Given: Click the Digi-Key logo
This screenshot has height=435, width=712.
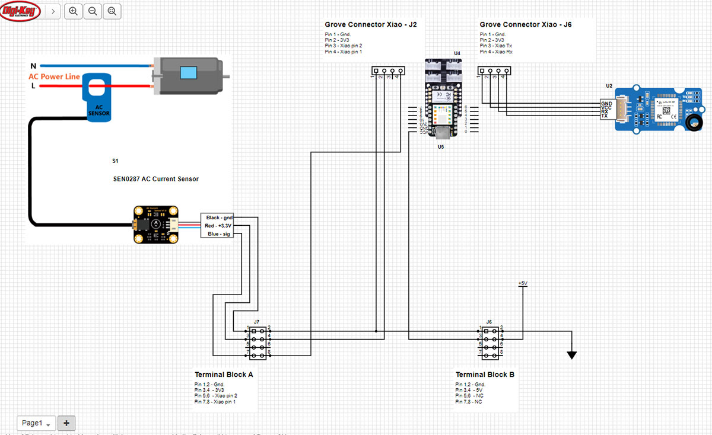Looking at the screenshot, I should (20, 11).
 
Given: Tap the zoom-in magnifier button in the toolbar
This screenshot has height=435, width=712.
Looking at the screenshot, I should (72, 11).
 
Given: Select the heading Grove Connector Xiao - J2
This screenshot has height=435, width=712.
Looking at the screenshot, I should (371, 25).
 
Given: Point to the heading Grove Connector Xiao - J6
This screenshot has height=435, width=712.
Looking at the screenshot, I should (526, 25).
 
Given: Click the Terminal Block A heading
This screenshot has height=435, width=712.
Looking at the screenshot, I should (224, 375).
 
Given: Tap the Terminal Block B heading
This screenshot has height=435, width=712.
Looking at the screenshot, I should (485, 375).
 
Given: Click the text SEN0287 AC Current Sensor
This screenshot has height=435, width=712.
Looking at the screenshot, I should (156, 179).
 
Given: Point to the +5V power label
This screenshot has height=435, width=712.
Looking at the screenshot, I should (523, 284).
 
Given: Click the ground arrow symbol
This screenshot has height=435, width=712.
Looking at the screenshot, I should (571, 355).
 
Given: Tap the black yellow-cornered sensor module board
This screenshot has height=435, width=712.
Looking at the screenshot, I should (155, 224).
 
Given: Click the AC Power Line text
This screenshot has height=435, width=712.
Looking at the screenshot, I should (54, 76).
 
